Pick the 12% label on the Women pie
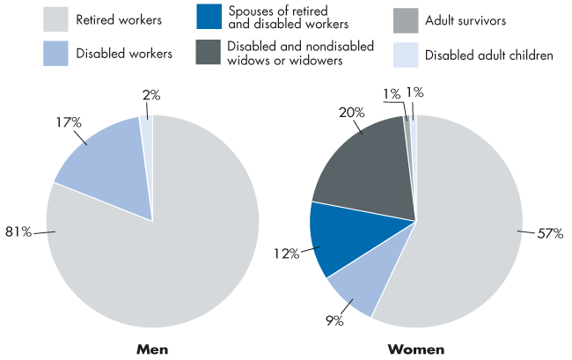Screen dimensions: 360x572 [288, 254]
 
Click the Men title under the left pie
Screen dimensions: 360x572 [152, 349]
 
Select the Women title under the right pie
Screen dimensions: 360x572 [415, 349]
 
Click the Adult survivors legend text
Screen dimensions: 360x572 [465, 18]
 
